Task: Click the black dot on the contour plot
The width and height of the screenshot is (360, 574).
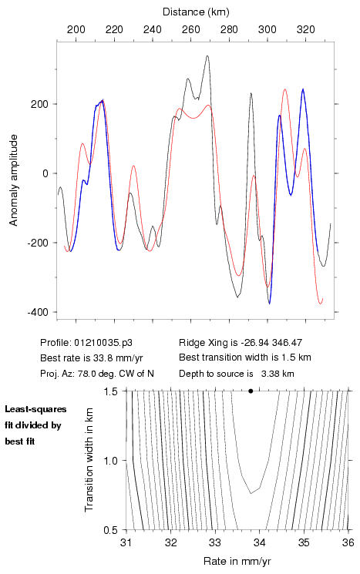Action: click(251, 391)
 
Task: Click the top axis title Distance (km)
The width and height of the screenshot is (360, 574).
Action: click(196, 12)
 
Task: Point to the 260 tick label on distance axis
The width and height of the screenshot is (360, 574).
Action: click(191, 29)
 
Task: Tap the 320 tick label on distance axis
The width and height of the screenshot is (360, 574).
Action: click(306, 29)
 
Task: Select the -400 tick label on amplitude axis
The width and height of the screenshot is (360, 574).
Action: click(38, 312)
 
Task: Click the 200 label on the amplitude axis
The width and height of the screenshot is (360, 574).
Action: click(40, 104)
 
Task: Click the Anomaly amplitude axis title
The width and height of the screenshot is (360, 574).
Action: click(14, 180)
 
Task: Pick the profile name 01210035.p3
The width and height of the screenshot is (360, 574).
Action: click(103, 343)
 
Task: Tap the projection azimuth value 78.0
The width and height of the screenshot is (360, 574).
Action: click(86, 374)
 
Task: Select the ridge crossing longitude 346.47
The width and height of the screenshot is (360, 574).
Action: click(287, 343)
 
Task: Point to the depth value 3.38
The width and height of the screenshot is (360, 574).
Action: click(269, 374)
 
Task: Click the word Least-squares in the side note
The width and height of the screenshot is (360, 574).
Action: click(35, 409)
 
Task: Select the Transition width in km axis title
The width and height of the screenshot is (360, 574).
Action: click(89, 460)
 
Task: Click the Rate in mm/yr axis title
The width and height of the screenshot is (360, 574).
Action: click(237, 561)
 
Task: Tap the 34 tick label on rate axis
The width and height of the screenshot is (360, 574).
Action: click(259, 542)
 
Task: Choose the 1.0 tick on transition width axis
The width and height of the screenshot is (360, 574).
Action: click(110, 461)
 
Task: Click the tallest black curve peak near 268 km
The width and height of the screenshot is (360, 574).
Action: click(207, 56)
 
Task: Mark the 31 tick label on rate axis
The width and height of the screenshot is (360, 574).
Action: click(126, 542)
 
